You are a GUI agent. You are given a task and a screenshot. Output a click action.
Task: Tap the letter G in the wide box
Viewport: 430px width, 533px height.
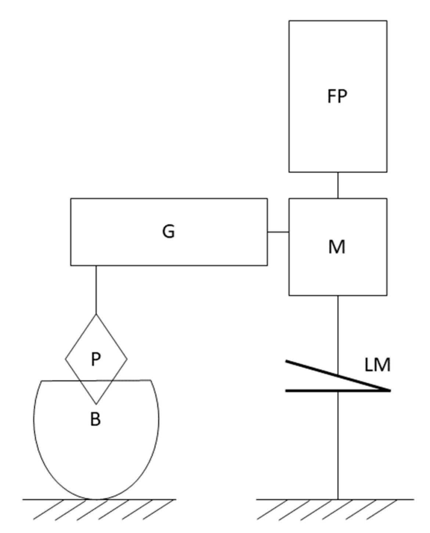point(169,231)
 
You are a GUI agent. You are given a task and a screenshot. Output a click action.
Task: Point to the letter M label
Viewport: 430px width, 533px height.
point(336,247)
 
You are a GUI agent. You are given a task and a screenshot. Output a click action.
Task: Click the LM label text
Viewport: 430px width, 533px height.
point(378,365)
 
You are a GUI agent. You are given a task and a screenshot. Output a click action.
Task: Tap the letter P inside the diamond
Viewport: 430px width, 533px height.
point(96,359)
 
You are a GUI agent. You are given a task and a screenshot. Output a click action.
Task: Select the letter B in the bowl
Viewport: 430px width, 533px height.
point(95,419)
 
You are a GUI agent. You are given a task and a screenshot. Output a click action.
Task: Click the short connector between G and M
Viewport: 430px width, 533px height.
point(278,232)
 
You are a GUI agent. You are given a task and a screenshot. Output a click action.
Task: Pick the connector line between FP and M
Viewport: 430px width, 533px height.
point(337,185)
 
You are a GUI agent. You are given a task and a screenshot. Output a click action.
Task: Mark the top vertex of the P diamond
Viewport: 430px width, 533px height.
point(96,314)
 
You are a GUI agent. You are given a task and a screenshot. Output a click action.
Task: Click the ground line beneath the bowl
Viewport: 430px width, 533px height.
point(147,499)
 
